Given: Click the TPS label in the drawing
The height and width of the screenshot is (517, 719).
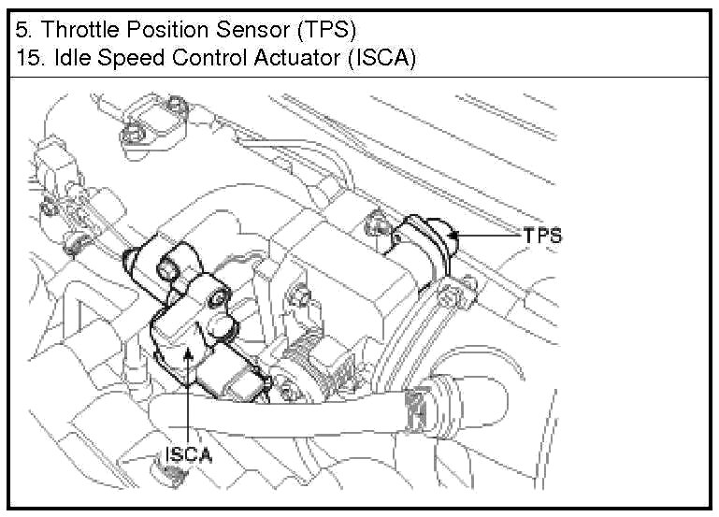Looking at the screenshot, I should point(542,236).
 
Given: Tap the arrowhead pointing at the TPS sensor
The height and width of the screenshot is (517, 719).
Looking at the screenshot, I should point(458,239).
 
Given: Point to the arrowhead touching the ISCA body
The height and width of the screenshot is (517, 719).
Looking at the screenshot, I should point(189,348).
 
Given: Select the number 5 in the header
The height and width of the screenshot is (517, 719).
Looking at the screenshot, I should point(22,29).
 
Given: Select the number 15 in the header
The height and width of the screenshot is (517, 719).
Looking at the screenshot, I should point(26,57).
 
